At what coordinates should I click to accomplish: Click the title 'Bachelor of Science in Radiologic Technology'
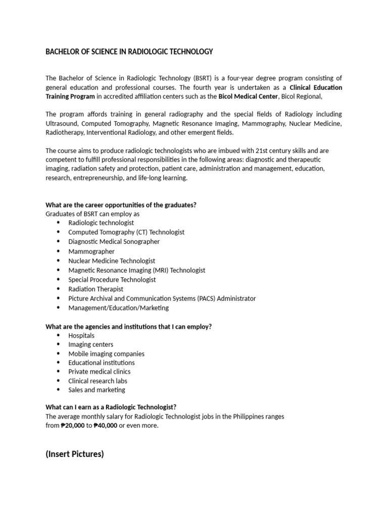(x=129, y=52)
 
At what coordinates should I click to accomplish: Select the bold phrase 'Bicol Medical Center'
(x=248, y=96)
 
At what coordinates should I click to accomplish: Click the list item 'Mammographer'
(x=91, y=251)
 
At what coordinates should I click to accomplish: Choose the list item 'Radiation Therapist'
(x=96, y=289)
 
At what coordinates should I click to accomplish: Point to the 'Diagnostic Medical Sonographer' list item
(x=114, y=242)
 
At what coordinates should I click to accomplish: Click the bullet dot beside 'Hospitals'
(x=58, y=336)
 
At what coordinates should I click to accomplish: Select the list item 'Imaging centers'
(x=91, y=345)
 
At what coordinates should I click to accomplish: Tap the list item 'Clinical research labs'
(x=98, y=381)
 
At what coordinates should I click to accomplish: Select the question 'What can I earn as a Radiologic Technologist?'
(x=111, y=407)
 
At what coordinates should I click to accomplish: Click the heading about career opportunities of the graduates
(x=121, y=204)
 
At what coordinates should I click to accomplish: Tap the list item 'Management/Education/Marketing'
(x=119, y=308)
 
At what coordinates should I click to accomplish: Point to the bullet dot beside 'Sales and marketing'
(x=58, y=390)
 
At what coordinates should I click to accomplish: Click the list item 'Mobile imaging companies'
(x=106, y=354)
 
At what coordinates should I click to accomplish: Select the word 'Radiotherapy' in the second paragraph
(x=65, y=132)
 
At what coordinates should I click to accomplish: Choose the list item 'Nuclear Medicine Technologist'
(x=112, y=261)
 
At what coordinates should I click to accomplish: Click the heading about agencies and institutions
(x=128, y=327)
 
